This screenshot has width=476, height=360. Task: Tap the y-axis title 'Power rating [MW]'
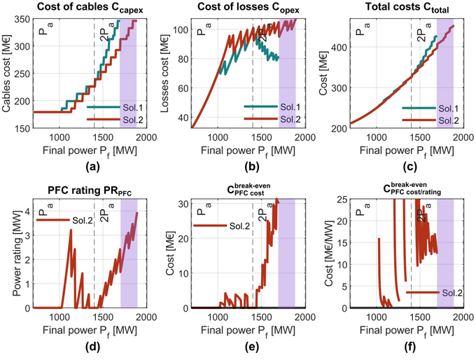[9, 254]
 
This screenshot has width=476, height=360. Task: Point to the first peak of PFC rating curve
[71, 230]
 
